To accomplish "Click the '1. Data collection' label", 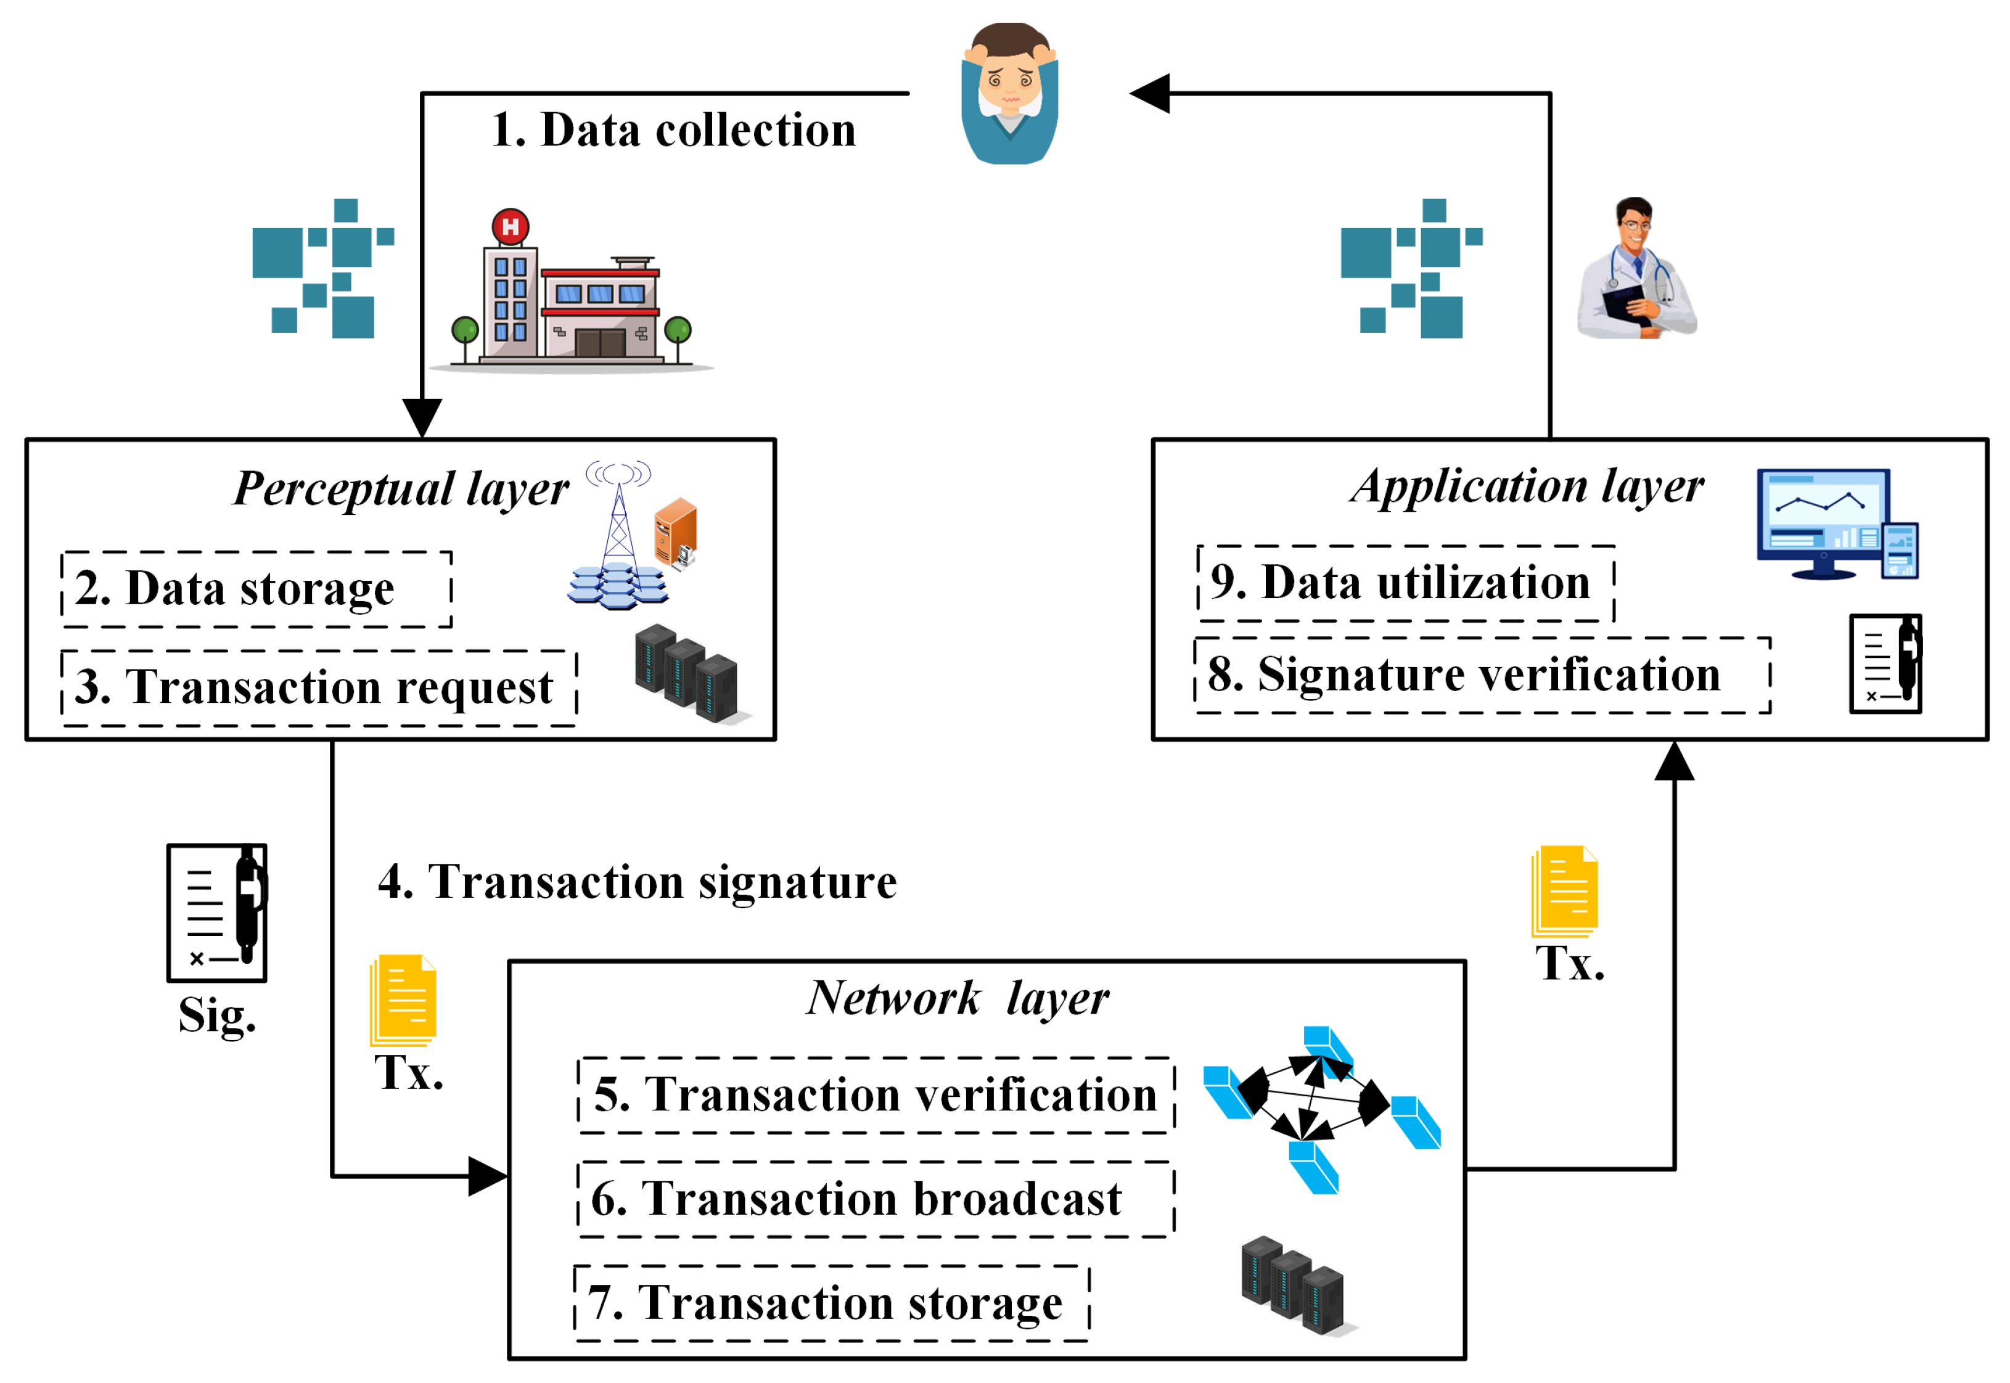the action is click(673, 130).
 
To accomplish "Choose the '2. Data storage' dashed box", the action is click(256, 589).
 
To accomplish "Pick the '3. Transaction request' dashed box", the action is click(319, 688).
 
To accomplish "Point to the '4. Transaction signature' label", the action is click(638, 882).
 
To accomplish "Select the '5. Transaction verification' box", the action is click(876, 1095).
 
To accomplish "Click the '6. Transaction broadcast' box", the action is click(876, 1199).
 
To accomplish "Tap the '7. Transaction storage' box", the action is click(832, 1303).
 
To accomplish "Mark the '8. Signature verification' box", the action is click(1482, 676).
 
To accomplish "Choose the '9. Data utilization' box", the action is click(1405, 583).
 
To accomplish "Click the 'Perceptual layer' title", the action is click(401, 490).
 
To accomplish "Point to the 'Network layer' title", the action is click(958, 998).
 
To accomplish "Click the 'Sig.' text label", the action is click(218, 1016).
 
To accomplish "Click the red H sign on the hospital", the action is click(511, 227).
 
